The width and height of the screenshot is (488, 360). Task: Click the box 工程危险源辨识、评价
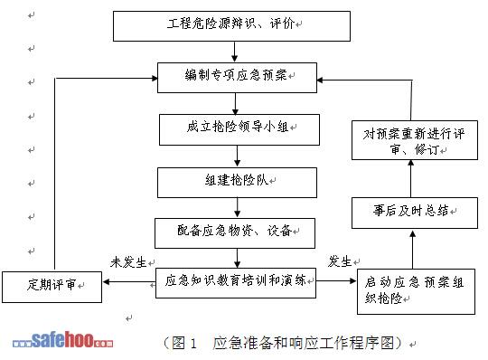[231, 26]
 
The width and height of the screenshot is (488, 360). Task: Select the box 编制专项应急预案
[237, 78]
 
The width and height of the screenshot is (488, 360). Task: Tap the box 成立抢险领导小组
[239, 129]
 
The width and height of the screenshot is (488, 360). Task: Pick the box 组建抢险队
[237, 183]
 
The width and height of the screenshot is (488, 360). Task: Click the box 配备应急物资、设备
[235, 233]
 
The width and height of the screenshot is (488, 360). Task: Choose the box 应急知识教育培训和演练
[236, 283]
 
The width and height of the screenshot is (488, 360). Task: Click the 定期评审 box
[52, 287]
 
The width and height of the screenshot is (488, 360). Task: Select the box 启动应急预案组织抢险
[416, 291]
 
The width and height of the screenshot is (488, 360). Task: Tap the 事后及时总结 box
[415, 213]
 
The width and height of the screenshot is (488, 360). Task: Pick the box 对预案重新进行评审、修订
[415, 140]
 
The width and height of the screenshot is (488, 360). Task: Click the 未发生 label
[128, 262]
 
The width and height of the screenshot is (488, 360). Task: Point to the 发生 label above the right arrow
[340, 261]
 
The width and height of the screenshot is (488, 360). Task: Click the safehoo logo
[62, 340]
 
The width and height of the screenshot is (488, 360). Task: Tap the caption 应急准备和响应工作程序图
[303, 343]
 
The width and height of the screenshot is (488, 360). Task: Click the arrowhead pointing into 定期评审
[106, 282]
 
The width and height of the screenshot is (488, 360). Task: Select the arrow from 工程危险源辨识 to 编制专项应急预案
[235, 52]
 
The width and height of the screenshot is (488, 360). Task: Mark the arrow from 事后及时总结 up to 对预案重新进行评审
[411, 178]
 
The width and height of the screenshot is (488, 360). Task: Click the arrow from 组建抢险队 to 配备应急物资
[237, 208]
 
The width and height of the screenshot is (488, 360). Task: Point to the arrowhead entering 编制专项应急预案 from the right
[320, 80]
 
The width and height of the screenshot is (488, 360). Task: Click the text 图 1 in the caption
[184, 343]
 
